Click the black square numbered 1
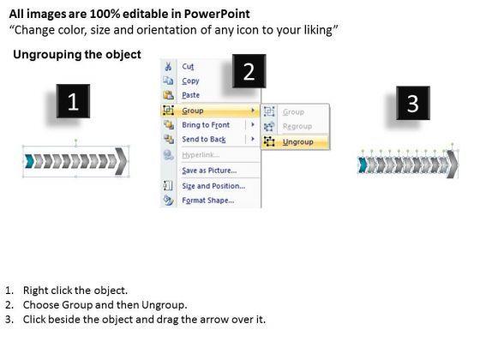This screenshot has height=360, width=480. (73, 101)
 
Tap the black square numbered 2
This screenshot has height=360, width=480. (249, 71)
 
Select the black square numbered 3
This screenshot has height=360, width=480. (413, 103)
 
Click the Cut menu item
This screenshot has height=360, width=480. (188, 67)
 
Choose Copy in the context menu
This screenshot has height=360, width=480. (190, 81)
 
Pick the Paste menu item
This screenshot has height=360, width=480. (190, 95)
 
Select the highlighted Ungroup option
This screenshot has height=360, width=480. (297, 141)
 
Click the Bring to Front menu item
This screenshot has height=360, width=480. (206, 125)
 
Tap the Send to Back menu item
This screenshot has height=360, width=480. (204, 139)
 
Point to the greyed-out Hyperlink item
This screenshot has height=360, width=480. (201, 154)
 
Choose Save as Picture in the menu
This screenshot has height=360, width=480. (209, 171)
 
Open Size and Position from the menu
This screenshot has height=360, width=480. (213, 186)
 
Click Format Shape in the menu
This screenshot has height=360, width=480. (208, 201)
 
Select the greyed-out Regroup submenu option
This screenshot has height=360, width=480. (297, 126)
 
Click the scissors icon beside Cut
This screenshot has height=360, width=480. (168, 67)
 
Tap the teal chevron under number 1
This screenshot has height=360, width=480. (29, 161)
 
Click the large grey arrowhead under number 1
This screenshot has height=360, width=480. (121, 162)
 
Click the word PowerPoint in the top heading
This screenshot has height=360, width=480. (217, 14)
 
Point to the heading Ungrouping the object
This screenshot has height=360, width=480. (77, 55)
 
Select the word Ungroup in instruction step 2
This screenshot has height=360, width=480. (164, 305)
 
